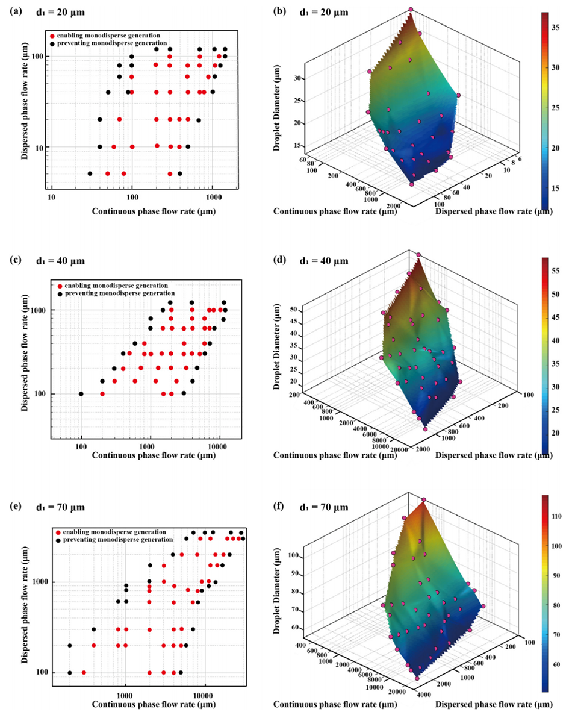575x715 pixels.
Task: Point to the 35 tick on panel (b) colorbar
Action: (x=558, y=27)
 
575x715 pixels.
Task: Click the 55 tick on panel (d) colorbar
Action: (x=558, y=272)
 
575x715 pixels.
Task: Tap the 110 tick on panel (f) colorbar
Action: (x=559, y=516)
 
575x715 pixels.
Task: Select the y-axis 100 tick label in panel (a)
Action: (x=39, y=57)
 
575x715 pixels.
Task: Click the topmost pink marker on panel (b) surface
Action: (x=411, y=10)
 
